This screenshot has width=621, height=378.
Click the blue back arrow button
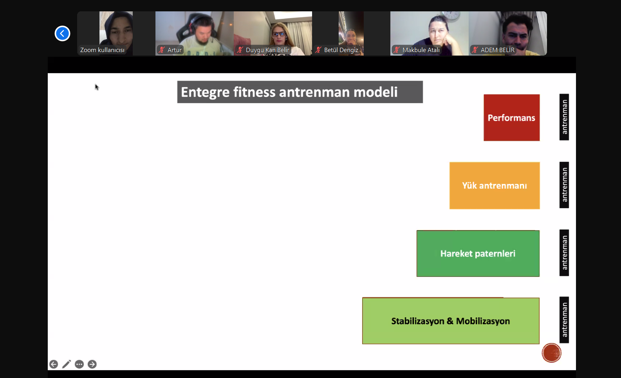(x=62, y=34)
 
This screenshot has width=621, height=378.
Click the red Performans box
(x=511, y=117)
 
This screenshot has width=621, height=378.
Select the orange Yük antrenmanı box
(x=495, y=185)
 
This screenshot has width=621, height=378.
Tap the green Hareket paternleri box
(x=478, y=253)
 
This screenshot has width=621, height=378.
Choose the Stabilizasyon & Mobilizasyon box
(x=451, y=321)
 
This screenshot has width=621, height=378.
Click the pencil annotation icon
(x=67, y=364)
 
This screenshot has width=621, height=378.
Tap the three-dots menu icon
(x=79, y=364)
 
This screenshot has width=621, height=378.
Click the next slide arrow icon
(x=92, y=364)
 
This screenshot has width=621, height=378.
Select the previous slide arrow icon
(x=54, y=364)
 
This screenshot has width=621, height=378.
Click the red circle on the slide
(x=552, y=353)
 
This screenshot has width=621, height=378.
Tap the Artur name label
(x=174, y=50)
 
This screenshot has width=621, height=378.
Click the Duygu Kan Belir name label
(x=267, y=50)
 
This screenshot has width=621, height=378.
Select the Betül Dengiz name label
(x=341, y=50)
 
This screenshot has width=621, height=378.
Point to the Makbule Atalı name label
(x=421, y=50)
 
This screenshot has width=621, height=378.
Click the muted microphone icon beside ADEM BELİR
(x=475, y=50)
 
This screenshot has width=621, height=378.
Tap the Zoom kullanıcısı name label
(x=102, y=50)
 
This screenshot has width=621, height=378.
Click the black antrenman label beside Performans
(x=564, y=117)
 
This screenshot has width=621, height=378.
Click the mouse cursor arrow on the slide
(x=97, y=87)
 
